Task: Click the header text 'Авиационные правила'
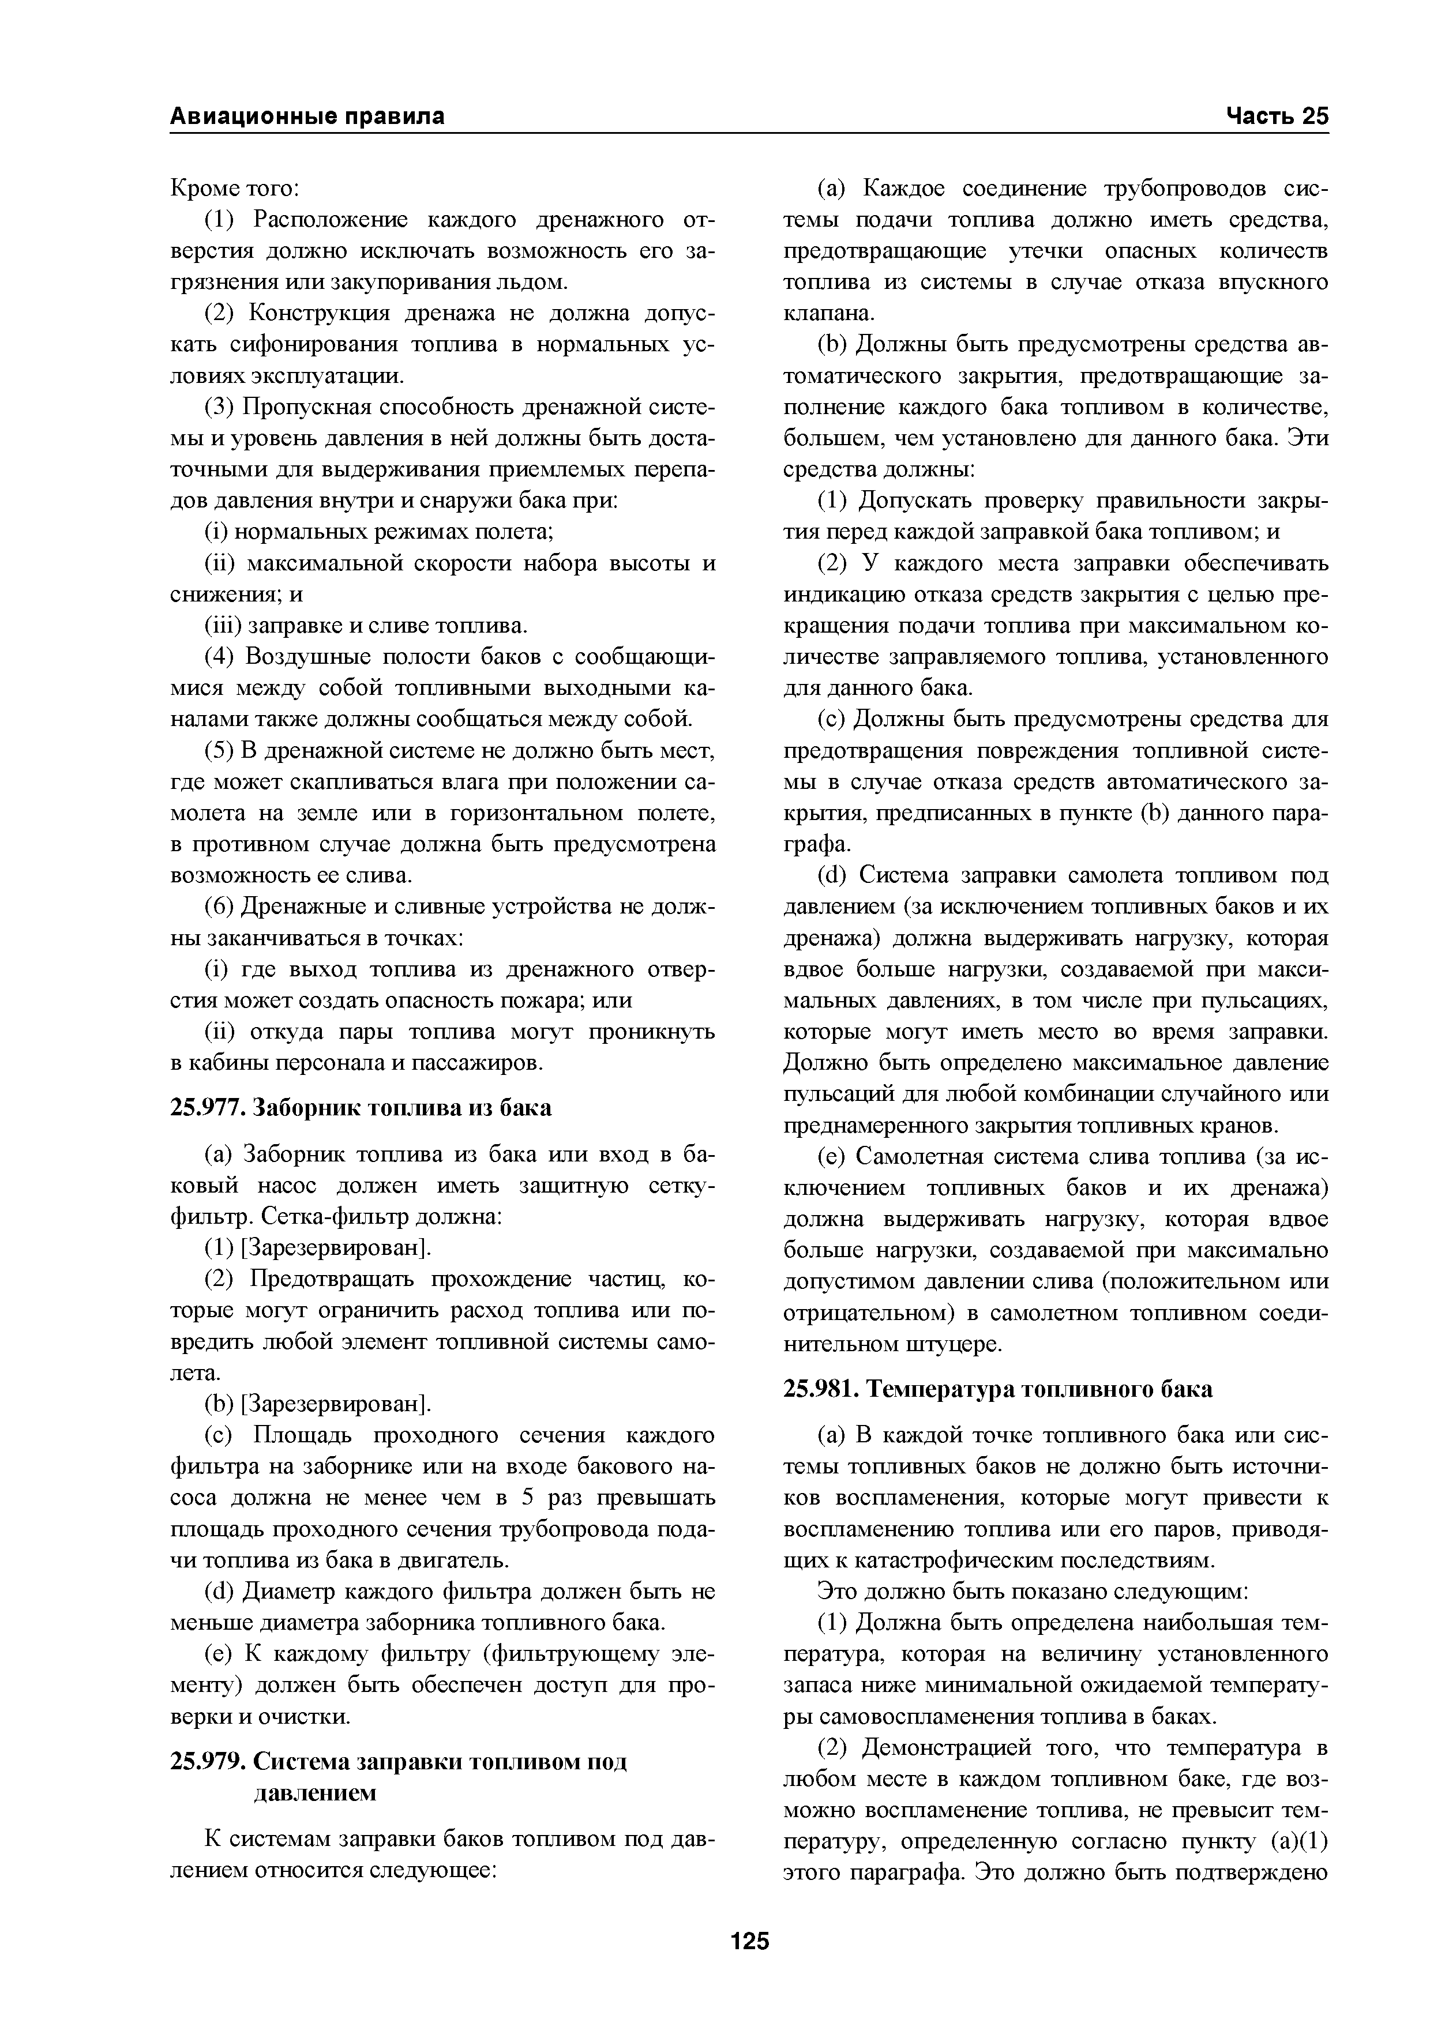[x=307, y=116]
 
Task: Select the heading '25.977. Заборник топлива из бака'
[x=361, y=1108]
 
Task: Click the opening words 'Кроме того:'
[x=235, y=189]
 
